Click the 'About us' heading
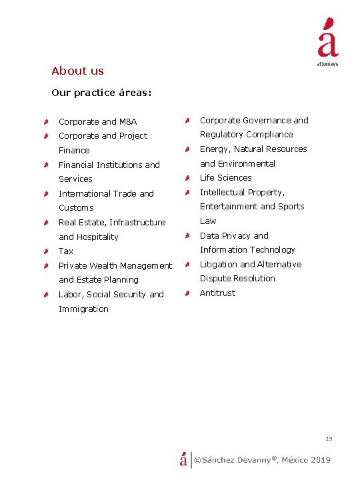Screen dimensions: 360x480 (77, 71)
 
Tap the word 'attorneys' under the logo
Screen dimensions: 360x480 (327, 64)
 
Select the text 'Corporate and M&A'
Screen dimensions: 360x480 (97, 121)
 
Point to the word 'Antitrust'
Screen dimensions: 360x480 (217, 293)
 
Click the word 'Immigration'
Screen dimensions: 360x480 (83, 309)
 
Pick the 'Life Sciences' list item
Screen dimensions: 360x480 (225, 178)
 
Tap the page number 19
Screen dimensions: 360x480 (329, 439)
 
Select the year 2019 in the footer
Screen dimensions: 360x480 (320, 459)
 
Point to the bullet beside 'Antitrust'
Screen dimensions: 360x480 (189, 293)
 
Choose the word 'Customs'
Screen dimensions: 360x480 (76, 208)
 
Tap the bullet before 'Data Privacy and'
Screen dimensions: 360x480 (189, 235)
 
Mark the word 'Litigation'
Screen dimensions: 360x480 (219, 264)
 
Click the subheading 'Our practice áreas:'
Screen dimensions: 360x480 (101, 93)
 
